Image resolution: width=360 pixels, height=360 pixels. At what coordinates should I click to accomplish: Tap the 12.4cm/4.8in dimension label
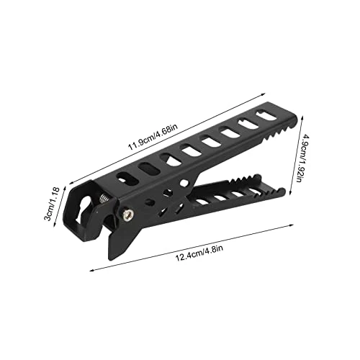[x=199, y=252]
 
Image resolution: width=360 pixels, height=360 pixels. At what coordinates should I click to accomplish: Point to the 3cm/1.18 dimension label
[x=51, y=204]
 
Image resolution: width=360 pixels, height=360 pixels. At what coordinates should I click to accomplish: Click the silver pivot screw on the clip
[x=127, y=214]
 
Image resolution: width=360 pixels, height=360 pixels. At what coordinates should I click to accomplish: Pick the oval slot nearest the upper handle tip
[x=266, y=115]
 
